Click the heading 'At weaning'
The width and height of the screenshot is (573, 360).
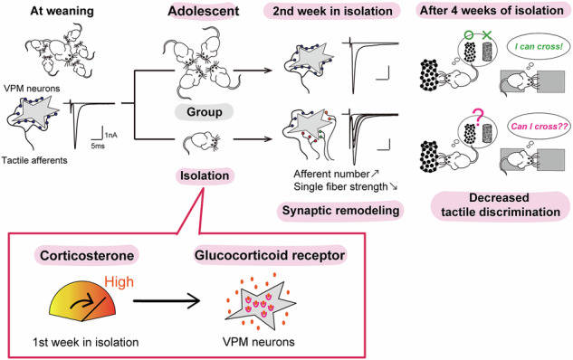[62, 11]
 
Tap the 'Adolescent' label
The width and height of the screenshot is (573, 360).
[204, 11]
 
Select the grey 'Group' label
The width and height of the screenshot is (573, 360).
[205, 112]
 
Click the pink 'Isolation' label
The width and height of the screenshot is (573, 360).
[205, 175]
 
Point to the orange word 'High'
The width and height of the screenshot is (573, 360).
[119, 282]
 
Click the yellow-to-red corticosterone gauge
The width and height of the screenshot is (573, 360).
[82, 301]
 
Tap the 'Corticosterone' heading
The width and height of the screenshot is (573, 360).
[87, 256]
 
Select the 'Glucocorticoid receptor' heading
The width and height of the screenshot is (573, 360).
[270, 255]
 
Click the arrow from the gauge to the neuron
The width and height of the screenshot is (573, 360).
[167, 301]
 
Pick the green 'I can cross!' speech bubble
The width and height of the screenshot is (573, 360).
[539, 46]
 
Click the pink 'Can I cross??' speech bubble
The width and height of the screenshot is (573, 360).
[540, 127]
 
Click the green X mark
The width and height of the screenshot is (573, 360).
[487, 35]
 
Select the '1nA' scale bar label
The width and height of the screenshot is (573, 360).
[111, 136]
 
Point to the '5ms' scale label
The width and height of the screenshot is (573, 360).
[98, 146]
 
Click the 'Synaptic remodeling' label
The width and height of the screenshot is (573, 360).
[340, 211]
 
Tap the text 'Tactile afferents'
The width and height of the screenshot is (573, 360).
[34, 160]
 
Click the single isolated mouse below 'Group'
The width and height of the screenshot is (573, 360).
[202, 141]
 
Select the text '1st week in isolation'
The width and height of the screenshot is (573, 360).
[85, 342]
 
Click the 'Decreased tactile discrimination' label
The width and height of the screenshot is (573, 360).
[501, 204]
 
